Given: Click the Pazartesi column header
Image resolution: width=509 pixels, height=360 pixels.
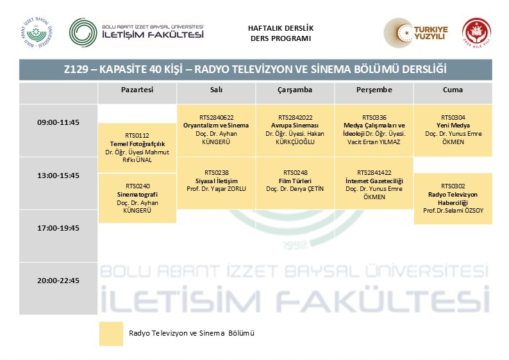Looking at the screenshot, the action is tap(137, 90).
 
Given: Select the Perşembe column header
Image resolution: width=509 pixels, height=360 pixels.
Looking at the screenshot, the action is tap(374, 90).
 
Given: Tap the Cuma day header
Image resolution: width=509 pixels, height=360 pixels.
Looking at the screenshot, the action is tap(453, 90).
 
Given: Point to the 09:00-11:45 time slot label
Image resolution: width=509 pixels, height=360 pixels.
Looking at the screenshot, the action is tap(58, 122).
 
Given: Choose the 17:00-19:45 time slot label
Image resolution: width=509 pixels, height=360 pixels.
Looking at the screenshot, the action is tap(58, 228).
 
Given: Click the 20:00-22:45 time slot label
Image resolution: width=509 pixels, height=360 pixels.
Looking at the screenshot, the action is tap(58, 281).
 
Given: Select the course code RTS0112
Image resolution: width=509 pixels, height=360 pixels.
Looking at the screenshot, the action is tap(137, 136).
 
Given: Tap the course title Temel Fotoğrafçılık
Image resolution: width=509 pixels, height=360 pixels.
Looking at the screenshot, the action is tap(137, 143).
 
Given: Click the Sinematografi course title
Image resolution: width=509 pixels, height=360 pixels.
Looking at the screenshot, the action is tap(137, 194).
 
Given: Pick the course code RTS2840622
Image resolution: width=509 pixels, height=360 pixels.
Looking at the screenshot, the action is tap(216, 117).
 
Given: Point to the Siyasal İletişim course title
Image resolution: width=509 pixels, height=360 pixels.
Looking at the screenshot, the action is tap(216, 181).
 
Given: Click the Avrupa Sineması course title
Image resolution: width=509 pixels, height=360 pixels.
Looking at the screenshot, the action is tap(295, 126).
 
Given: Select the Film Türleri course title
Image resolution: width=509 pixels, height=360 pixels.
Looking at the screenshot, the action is tap(295, 181).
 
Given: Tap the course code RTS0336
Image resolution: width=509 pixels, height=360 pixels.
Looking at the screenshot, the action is tap(374, 117).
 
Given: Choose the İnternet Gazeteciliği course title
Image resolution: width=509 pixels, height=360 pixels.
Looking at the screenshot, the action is tap(374, 181).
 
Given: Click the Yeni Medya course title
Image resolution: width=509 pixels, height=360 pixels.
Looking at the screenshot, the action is tap(453, 126).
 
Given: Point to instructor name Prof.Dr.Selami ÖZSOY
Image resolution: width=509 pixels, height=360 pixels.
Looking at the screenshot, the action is tap(453, 211).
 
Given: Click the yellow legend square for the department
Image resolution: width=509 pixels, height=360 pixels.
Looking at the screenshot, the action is tap(111, 334).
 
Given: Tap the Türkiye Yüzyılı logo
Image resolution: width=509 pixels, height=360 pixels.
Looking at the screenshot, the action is tap(416, 33).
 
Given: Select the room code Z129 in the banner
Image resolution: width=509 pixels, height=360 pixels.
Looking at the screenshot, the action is tap(76, 69).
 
